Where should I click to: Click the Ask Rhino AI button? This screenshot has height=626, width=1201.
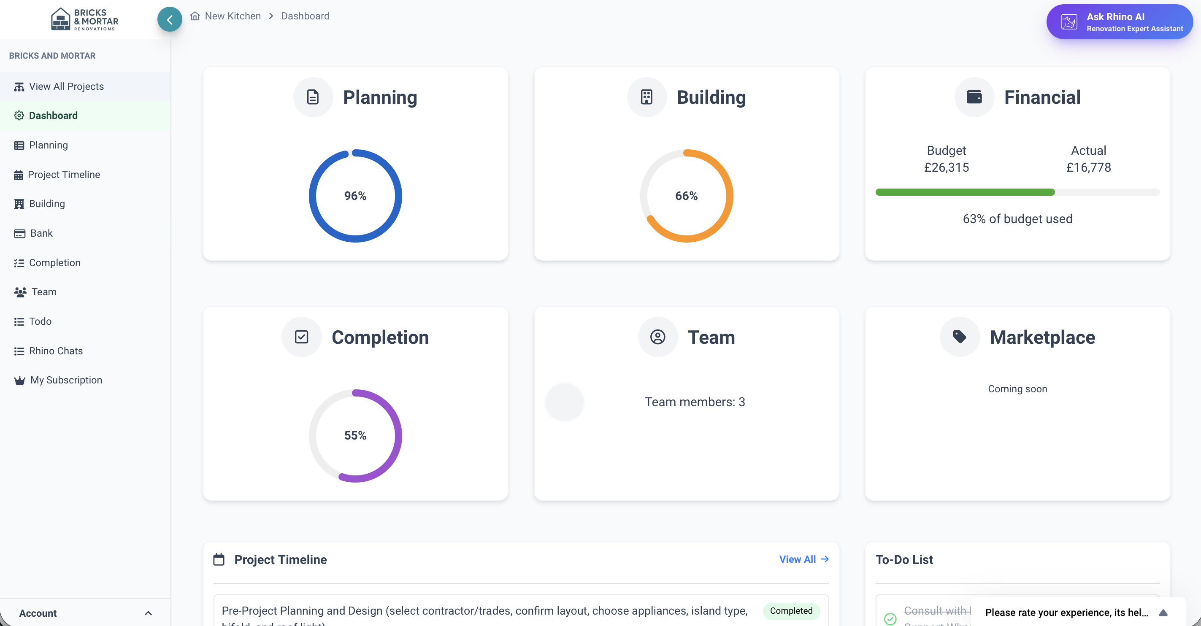(1119, 22)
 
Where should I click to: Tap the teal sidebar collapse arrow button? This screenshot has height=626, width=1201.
(170, 19)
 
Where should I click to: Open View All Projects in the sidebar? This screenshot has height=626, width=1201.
(66, 87)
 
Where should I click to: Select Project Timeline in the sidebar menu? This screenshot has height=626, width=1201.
(64, 175)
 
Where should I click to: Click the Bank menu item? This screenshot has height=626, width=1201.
(41, 234)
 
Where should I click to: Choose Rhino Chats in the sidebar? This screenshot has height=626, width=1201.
(56, 351)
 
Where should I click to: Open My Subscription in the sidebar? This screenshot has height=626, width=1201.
(66, 380)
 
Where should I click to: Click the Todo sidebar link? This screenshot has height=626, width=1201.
(40, 321)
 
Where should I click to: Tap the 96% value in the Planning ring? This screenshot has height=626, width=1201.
(355, 196)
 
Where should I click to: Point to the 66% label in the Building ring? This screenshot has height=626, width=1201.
(686, 196)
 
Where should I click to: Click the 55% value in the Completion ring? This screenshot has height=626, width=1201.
(355, 435)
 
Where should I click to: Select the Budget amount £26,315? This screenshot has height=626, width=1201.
(947, 167)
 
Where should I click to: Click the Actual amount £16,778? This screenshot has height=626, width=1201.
(1089, 167)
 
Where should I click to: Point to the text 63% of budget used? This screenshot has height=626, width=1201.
(1017, 219)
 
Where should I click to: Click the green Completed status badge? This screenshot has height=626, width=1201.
(791, 611)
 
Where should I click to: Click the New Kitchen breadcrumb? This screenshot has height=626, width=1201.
(233, 16)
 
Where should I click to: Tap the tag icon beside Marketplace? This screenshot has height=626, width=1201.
(959, 337)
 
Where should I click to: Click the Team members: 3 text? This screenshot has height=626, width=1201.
(695, 402)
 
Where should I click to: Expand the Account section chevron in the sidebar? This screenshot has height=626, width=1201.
(148, 613)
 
